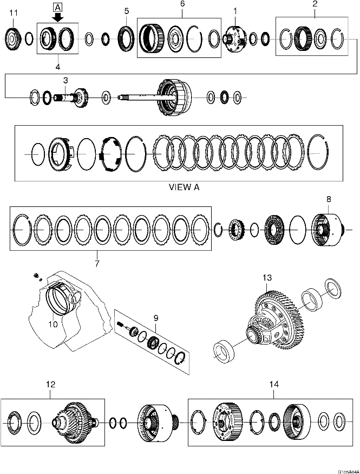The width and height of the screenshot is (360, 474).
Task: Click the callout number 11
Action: pyautogui.click(x=13, y=12)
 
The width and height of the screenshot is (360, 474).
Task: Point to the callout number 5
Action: pyautogui.click(x=127, y=11)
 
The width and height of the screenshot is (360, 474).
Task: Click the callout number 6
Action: pyautogui.click(x=182, y=4)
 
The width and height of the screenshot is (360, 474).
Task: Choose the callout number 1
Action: pyautogui.click(x=235, y=10)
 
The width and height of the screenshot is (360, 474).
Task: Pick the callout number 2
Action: pyautogui.click(x=315, y=4)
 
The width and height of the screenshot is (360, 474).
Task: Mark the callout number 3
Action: pyautogui.click(x=65, y=80)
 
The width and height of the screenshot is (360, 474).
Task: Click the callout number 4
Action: pyautogui.click(x=58, y=68)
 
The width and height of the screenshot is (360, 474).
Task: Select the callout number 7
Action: pyautogui.click(x=97, y=263)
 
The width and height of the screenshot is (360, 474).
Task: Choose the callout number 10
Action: pyautogui.click(x=53, y=324)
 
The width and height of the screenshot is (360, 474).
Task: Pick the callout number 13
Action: pyautogui.click(x=267, y=278)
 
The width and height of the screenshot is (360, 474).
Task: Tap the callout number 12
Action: pyautogui.click(x=50, y=384)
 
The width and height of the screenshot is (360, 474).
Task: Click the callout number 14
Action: pyautogui.click(x=274, y=384)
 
